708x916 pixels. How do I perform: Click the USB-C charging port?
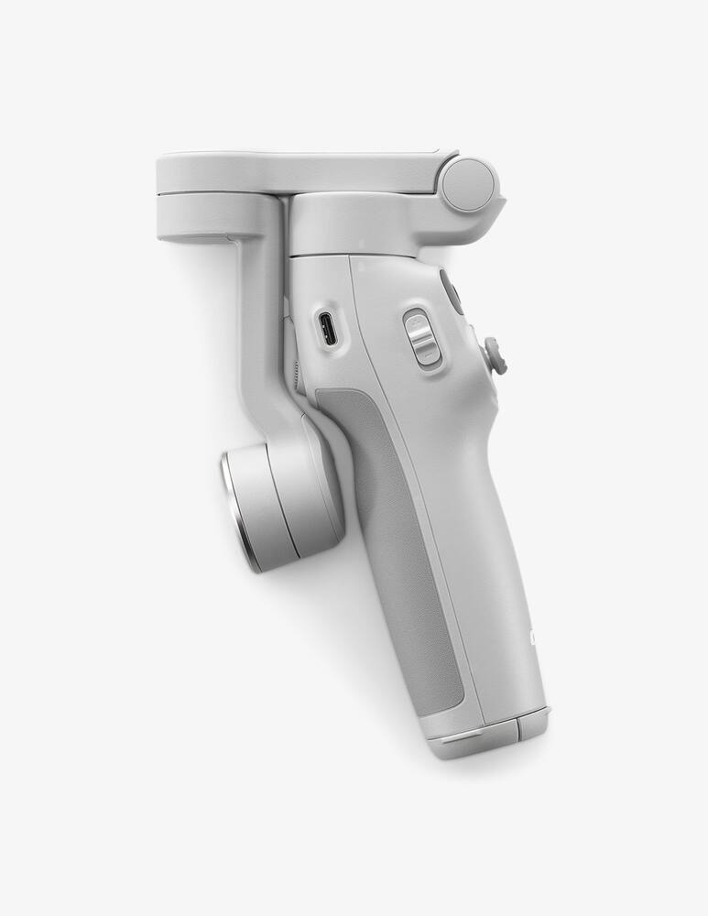coord(328,329)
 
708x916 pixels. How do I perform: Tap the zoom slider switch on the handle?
coord(421,338)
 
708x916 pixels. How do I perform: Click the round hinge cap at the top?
coord(468,183)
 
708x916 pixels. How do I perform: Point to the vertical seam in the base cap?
coord(516,730)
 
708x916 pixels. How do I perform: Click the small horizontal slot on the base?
coord(467,734)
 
